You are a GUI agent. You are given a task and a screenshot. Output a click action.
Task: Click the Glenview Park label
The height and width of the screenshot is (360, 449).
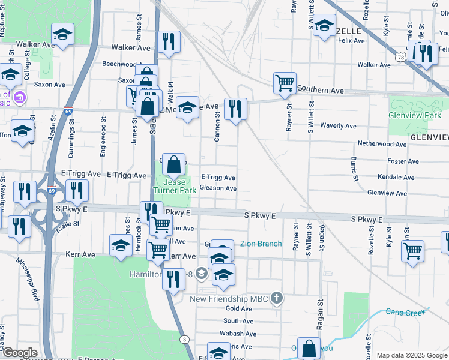click(x=415, y=115)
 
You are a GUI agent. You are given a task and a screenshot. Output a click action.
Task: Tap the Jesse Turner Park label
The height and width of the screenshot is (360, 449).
click(x=174, y=185)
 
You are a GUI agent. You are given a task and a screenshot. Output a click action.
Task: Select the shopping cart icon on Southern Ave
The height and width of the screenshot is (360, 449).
click(x=285, y=83)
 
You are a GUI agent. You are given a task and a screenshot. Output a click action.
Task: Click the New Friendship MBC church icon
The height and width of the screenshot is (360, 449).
click(x=276, y=298)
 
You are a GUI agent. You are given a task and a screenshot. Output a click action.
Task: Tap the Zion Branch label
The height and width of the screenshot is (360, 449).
click(x=261, y=244)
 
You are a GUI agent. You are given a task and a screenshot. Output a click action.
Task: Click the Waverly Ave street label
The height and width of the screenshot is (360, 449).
click(x=339, y=126)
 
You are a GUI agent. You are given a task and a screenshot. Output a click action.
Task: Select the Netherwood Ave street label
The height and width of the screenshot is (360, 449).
click(x=382, y=144)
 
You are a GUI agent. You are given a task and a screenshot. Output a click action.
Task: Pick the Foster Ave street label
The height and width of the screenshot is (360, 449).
click(x=403, y=161)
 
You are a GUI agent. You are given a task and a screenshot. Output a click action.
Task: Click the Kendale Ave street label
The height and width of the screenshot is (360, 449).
click(x=396, y=178)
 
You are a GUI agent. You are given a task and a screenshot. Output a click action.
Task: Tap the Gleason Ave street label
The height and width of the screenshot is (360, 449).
click(x=218, y=188)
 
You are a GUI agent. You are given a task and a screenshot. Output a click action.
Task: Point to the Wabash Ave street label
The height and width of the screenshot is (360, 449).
click(x=238, y=334)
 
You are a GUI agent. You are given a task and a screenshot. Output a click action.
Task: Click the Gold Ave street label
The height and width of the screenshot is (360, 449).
click(x=238, y=308)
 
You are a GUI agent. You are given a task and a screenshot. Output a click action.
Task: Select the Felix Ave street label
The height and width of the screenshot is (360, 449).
click(x=351, y=41)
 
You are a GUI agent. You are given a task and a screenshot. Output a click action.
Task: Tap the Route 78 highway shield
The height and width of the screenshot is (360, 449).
click(x=400, y=56)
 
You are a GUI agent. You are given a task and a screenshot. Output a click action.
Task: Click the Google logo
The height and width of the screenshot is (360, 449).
click(x=19, y=353)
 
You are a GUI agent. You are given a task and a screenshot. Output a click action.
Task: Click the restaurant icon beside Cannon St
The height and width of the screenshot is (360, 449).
click(x=235, y=109)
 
